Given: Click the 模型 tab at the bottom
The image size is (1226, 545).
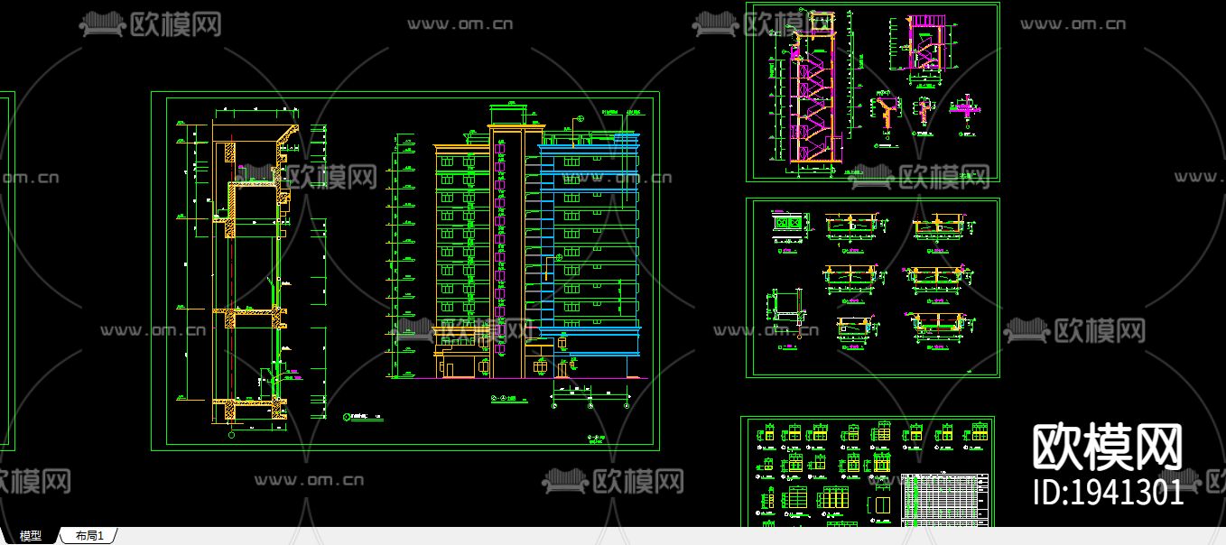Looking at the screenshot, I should coord(31,536).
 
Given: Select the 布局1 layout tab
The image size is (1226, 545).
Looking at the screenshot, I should coord(89,536).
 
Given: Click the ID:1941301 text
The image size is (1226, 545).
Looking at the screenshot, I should coord(1108,492).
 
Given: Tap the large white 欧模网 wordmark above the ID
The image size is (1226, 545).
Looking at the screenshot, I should coord(1107,447).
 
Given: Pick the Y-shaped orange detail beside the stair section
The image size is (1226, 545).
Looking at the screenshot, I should coord(887,113).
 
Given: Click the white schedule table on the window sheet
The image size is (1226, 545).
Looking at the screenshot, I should coord(945,500).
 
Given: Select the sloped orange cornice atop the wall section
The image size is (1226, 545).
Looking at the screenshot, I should coord(287,136).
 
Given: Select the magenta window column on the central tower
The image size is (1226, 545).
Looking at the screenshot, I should coord(499,253).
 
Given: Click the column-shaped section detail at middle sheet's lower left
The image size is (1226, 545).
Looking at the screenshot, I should coord(782,307).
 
